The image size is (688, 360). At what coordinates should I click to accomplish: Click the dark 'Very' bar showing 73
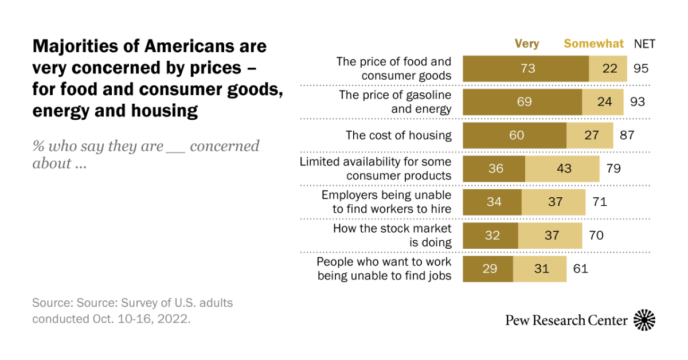[525, 69]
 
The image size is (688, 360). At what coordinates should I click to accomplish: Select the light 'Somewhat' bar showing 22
[608, 69]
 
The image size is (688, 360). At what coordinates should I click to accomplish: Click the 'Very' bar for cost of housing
[514, 136]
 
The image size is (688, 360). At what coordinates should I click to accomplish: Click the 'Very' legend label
[527, 44]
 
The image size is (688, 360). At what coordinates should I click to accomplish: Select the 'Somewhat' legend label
[593, 44]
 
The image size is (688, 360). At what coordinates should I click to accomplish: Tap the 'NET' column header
[644, 44]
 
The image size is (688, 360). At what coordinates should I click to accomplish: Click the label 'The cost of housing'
[398, 136]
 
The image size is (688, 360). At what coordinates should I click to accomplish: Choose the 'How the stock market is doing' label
[392, 235]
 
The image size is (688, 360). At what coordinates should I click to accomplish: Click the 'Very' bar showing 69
[522, 102]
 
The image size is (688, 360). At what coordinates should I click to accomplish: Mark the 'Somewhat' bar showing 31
[540, 269]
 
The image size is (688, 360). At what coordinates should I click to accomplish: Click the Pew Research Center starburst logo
[644, 320]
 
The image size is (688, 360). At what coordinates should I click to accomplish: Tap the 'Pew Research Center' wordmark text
[566, 320]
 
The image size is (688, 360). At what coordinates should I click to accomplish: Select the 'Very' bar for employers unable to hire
[492, 202]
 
